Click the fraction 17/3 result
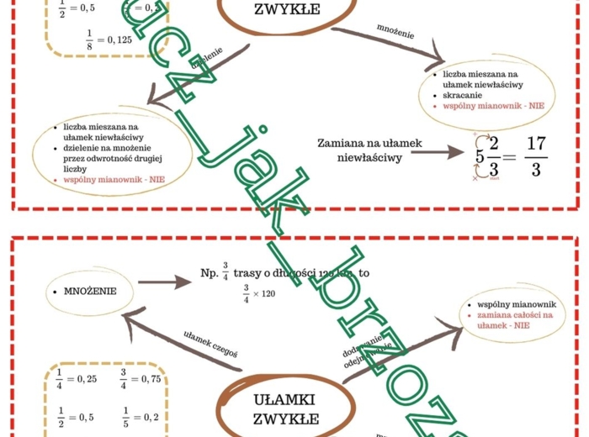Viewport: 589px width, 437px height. click(536, 157)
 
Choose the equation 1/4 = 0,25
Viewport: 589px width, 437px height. click(76, 377)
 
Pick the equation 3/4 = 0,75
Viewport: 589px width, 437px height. click(140, 377)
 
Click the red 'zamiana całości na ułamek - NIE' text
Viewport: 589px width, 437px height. click(515, 319)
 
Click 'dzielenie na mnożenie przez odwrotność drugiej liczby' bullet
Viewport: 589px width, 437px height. click(105, 159)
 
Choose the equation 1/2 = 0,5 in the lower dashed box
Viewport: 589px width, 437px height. click(76, 416)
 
